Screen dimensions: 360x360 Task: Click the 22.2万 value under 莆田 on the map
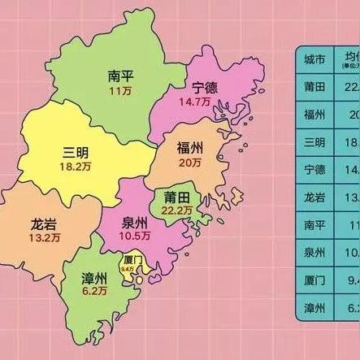point(178,210)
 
